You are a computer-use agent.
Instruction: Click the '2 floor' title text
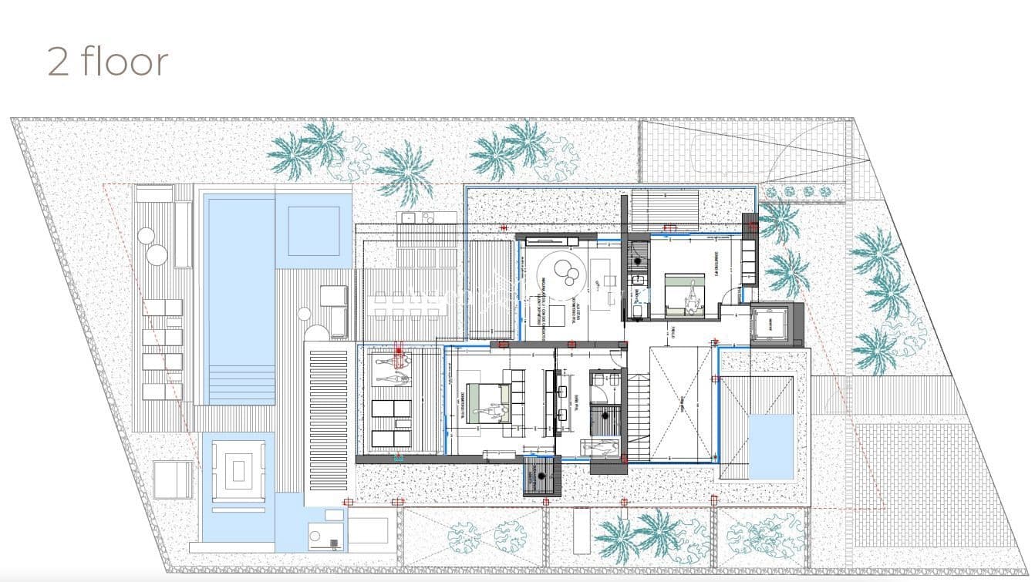tap(107, 61)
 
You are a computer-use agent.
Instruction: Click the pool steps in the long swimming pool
tap(238, 385)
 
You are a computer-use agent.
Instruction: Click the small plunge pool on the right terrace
tap(771, 446)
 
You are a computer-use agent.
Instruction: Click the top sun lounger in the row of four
tap(163, 308)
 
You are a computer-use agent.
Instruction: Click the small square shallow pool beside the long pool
tap(313, 229)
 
